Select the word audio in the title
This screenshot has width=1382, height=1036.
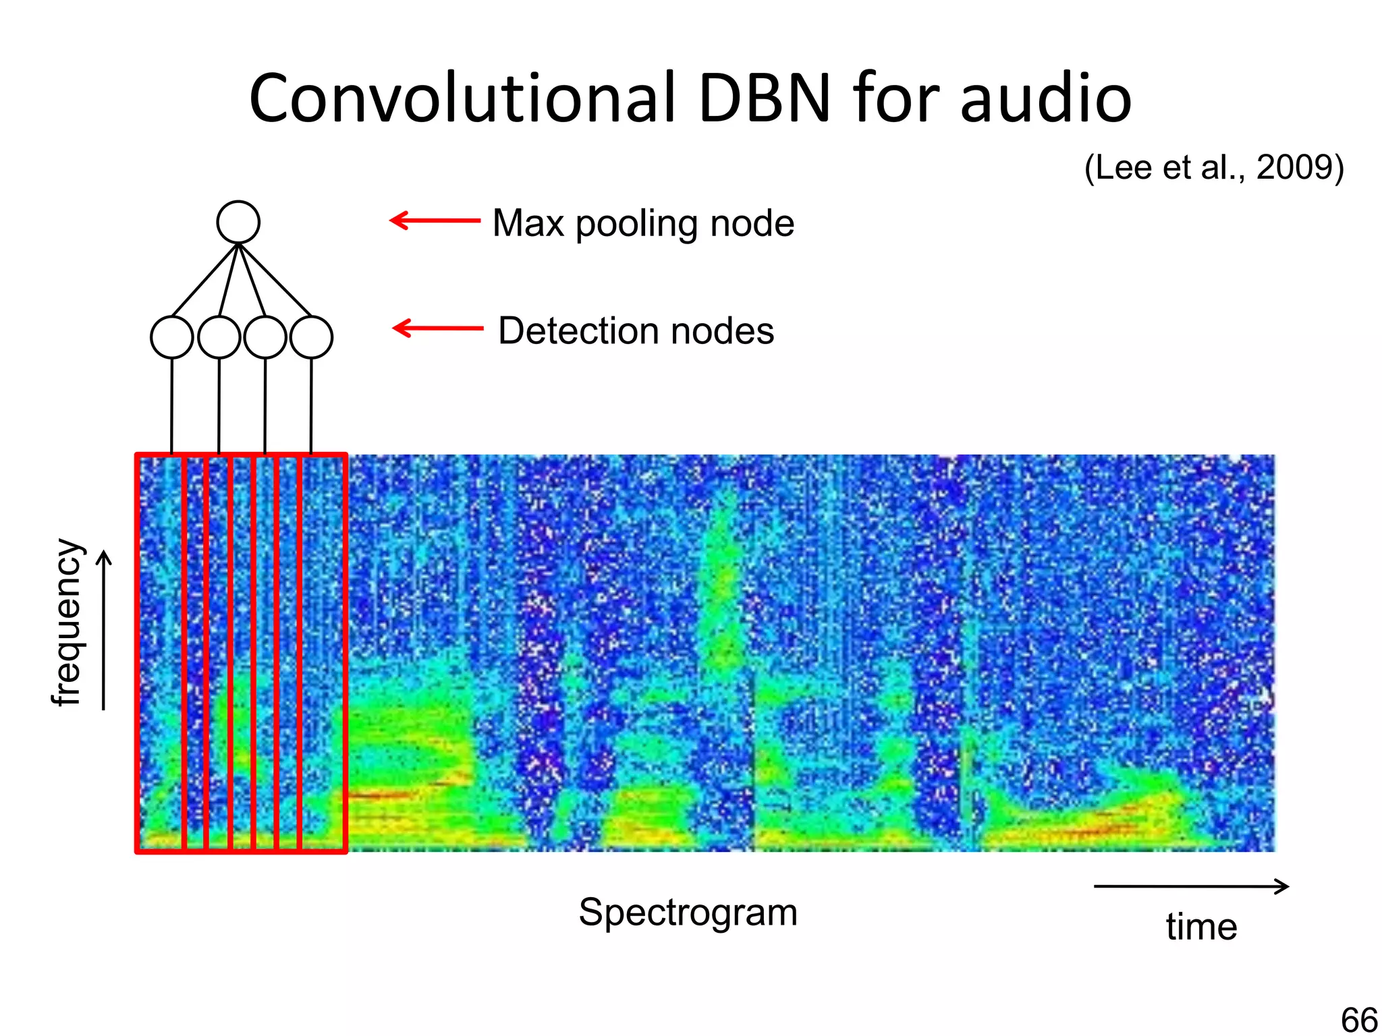click(x=1045, y=100)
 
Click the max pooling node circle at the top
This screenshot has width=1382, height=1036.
click(x=238, y=222)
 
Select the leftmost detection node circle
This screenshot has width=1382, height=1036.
click(x=172, y=337)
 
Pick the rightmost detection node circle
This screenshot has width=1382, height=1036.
click(x=311, y=337)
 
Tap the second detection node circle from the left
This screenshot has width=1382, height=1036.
click(x=219, y=337)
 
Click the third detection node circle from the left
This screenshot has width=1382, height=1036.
click(x=265, y=337)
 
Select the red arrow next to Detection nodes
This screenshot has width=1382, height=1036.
click(x=438, y=328)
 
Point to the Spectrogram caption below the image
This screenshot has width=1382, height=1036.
click(x=688, y=913)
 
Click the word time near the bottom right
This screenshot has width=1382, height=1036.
click(x=1201, y=927)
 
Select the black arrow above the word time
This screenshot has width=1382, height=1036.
click(x=1191, y=886)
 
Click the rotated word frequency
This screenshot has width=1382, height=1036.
click(x=67, y=622)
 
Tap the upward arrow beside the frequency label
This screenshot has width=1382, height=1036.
click(x=103, y=630)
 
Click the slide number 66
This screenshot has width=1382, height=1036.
click(x=1359, y=1018)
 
